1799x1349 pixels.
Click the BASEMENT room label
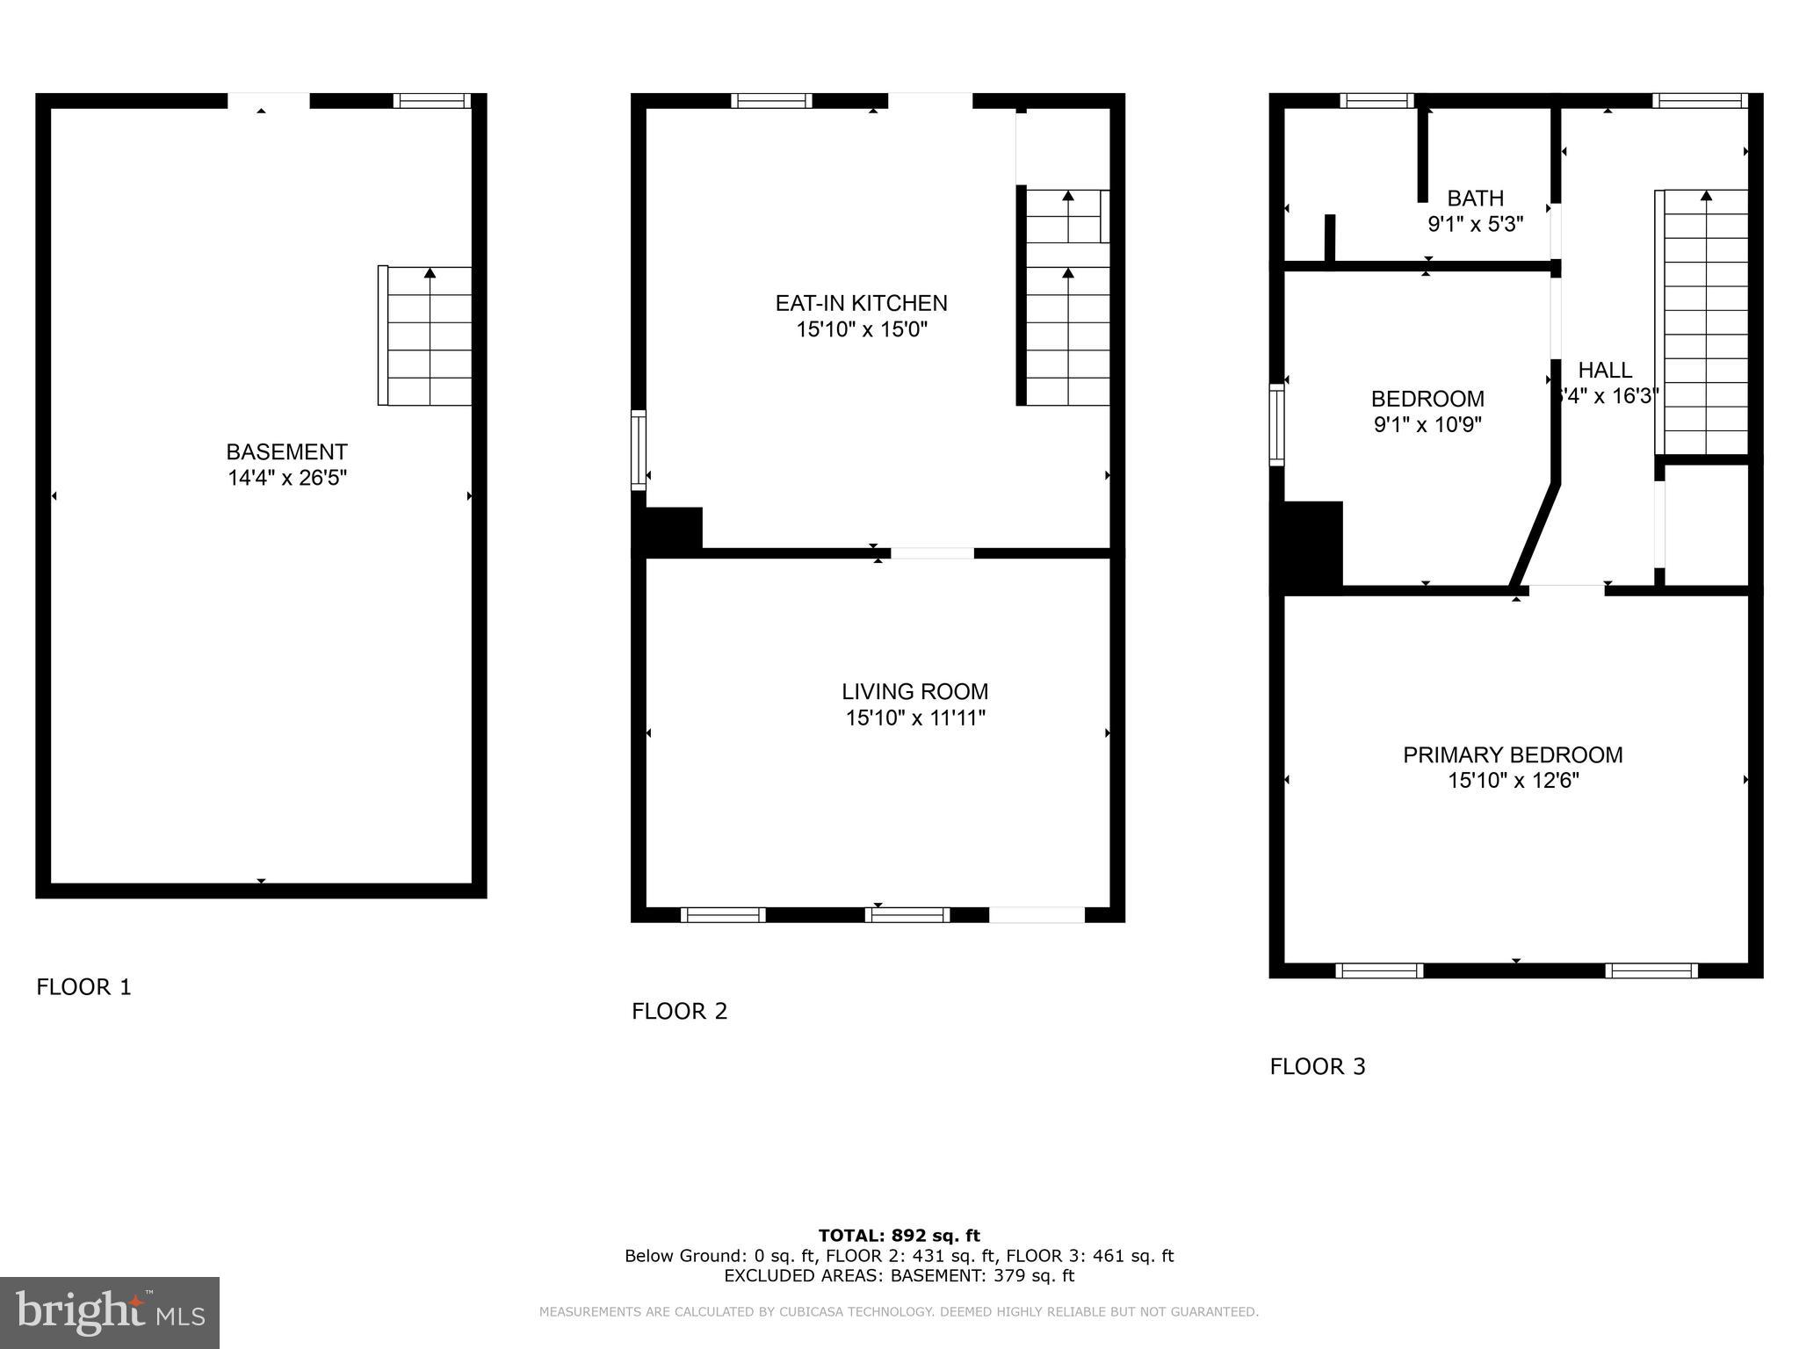click(286, 452)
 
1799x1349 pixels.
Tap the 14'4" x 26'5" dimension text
click(286, 479)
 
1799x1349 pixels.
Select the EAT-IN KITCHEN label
click(861, 303)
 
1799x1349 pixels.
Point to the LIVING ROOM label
click(914, 692)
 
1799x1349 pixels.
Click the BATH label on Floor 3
click(1475, 198)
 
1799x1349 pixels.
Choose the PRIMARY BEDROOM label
click(1512, 755)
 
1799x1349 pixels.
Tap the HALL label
click(1605, 370)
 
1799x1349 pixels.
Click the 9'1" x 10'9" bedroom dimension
click(1427, 425)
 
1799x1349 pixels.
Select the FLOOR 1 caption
click(83, 987)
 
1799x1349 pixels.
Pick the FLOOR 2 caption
click(679, 1011)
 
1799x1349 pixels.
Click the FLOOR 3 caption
click(1317, 1066)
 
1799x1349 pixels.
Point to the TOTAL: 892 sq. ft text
click(899, 1236)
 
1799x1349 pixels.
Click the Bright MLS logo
click(110, 1312)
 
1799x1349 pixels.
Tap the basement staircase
click(425, 335)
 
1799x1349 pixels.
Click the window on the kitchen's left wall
click(639, 450)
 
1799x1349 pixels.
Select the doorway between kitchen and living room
click(932, 553)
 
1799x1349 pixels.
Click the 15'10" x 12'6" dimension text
click(1513, 781)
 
